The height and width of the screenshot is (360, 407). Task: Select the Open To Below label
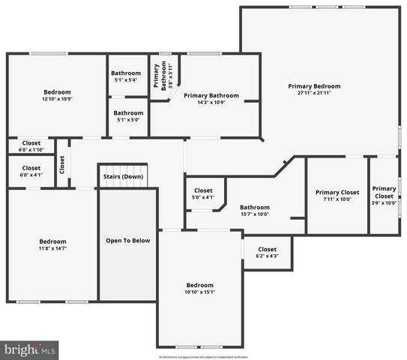pos(127,241)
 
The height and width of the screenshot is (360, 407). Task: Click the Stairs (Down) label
pos(123,177)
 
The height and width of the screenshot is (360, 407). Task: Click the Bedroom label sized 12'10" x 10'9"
pos(57,91)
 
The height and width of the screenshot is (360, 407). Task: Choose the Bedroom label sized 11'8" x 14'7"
pos(52,241)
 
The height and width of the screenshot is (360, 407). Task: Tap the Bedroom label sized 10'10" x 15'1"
pos(199,285)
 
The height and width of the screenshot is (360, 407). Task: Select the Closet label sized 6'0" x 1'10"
pos(31,142)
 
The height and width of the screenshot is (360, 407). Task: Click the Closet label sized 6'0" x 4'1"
pos(31,168)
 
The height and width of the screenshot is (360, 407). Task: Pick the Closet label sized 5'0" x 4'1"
pos(204,190)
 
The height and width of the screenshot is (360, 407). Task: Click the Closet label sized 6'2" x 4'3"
pos(267,249)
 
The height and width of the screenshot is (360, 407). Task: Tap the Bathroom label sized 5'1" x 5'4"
pos(127,73)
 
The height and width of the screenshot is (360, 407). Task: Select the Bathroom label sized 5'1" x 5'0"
pos(127,112)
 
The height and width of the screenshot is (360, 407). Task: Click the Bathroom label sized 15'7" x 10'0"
pos(255,208)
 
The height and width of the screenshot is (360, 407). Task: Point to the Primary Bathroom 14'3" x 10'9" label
pos(211,95)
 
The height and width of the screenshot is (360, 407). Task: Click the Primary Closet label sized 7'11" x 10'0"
pos(337,193)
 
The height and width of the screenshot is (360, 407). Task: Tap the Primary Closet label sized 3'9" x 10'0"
pos(385,193)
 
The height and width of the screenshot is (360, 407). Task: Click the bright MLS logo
pos(29,349)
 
